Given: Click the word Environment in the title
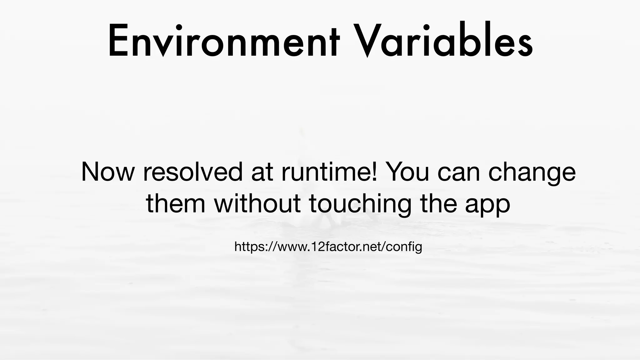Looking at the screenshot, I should point(223,41).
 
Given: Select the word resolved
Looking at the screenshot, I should point(193,172).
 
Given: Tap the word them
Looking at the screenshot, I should point(176,204).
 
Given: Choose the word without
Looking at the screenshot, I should point(257,204).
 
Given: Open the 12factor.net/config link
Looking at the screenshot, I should point(328,247).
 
